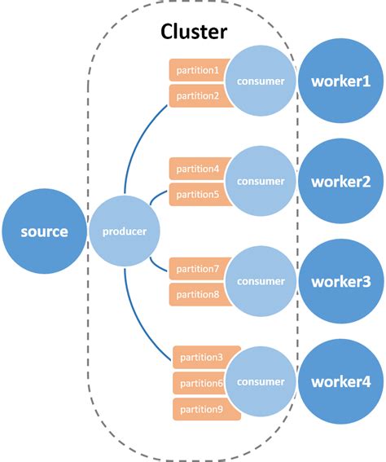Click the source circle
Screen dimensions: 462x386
click(x=45, y=232)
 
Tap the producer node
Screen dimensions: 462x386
click(x=125, y=232)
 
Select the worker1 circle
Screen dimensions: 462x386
click(x=340, y=81)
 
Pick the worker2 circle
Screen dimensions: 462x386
click(x=340, y=181)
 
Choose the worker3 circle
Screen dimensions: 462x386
click(x=340, y=281)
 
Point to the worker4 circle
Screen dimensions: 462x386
click(x=340, y=381)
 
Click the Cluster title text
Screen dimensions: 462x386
click(x=194, y=32)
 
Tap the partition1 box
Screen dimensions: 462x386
click(x=197, y=71)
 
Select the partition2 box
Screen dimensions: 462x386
click(x=197, y=95)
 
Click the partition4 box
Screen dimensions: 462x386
click(x=197, y=169)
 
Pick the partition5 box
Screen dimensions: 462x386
click(x=197, y=195)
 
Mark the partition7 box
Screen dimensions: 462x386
click(x=197, y=269)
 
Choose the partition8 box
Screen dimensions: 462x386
click(x=197, y=294)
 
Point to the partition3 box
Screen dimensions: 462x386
click(x=203, y=358)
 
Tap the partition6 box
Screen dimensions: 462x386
click(x=201, y=384)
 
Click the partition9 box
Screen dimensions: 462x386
click(x=201, y=410)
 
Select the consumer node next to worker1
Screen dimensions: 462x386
click(x=261, y=81)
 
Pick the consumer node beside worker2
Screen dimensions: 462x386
click(x=261, y=181)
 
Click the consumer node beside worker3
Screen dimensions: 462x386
click(x=261, y=281)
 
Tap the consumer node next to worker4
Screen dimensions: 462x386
click(x=261, y=381)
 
